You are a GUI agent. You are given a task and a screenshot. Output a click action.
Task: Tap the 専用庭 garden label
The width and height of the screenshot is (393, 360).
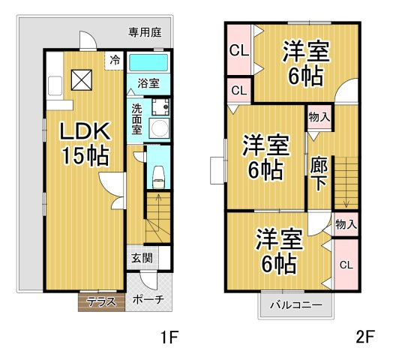pyautogui.click(x=144, y=32)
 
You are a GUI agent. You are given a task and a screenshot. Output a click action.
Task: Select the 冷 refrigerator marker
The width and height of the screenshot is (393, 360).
pyautogui.click(x=115, y=60)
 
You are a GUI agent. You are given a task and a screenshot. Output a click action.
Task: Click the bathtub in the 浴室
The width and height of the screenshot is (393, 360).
pyautogui.click(x=148, y=62)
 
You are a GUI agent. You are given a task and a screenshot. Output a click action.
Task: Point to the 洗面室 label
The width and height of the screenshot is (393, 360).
pyautogui.click(x=137, y=118)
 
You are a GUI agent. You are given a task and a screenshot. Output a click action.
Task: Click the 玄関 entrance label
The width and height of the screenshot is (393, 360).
pyautogui.click(x=141, y=258)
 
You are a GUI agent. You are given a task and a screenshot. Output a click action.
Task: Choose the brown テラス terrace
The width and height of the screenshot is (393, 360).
pyautogui.click(x=100, y=301)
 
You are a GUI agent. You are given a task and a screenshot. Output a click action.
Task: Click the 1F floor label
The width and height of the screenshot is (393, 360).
pyautogui.click(x=169, y=337)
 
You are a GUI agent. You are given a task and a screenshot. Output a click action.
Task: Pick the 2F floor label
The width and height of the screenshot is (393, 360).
pyautogui.click(x=364, y=337)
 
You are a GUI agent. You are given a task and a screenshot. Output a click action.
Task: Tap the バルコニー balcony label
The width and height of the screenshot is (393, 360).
pyautogui.click(x=296, y=306)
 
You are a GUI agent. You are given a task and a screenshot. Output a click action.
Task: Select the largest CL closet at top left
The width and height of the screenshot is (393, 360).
pyautogui.click(x=239, y=51)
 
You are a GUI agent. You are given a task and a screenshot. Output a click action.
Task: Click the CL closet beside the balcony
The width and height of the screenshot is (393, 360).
pyautogui.click(x=346, y=265)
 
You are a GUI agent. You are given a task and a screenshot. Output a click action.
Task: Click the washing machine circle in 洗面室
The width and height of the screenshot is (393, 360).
pyautogui.click(x=159, y=127)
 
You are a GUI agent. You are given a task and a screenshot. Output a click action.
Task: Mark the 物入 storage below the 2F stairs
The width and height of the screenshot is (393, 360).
pyautogui.click(x=345, y=223)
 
